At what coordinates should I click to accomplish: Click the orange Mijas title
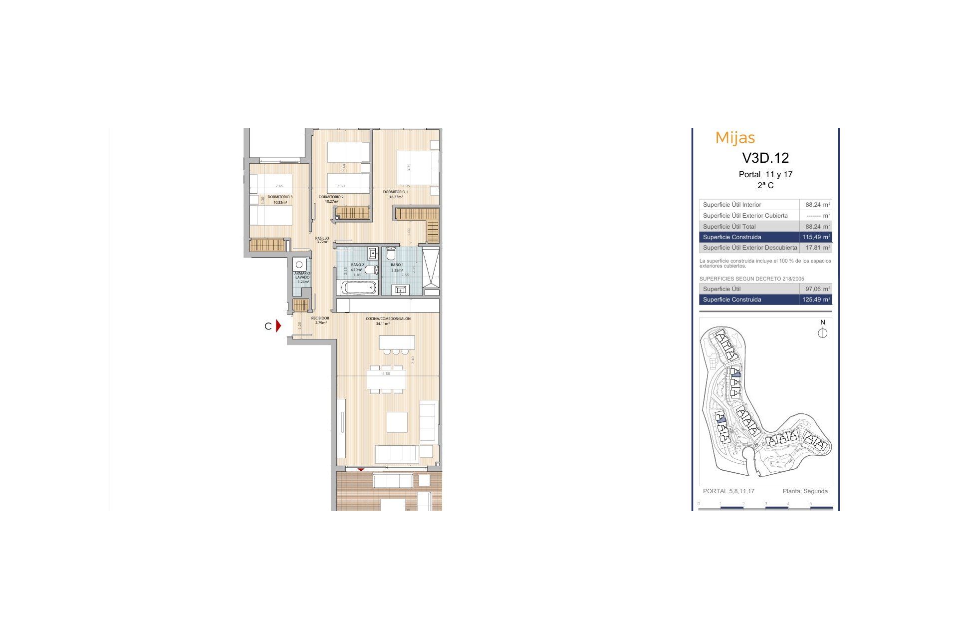tap(735, 138)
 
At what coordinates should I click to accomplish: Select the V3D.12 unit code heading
tap(765, 158)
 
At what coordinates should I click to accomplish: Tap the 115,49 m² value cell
tap(816, 237)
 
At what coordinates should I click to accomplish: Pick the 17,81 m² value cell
tap(816, 248)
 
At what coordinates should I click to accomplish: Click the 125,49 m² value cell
tap(816, 300)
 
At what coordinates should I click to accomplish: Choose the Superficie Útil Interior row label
tap(732, 205)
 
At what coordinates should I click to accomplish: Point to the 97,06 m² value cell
tap(816, 289)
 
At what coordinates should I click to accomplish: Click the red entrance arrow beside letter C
tap(278, 326)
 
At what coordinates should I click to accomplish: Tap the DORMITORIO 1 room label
tap(396, 192)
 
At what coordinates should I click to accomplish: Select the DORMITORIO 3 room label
tap(280, 197)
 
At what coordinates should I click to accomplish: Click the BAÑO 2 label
tap(357, 265)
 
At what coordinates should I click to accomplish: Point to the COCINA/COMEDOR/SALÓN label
tap(388, 319)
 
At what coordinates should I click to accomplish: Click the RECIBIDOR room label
tap(320, 319)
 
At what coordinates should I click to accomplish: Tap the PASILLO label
tap(322, 239)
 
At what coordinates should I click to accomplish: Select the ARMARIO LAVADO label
tap(302, 275)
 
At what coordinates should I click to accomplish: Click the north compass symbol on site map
tap(823, 333)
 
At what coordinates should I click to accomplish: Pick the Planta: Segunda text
tap(805, 491)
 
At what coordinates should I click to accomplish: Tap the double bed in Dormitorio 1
tap(417, 168)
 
